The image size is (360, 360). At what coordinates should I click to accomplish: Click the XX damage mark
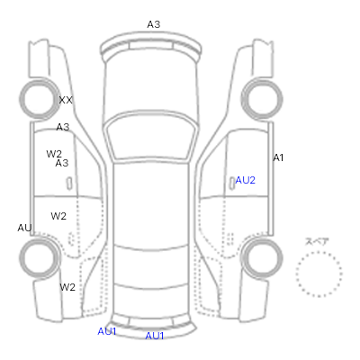(66, 100)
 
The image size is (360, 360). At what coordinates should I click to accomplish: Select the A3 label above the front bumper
(154, 24)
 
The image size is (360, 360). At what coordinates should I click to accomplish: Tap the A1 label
(278, 157)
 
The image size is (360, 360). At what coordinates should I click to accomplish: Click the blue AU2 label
(246, 180)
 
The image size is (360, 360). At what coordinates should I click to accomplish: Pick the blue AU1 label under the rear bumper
(155, 336)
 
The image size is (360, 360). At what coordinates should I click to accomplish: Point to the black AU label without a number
(24, 228)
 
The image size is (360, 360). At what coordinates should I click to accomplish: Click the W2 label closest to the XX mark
(54, 154)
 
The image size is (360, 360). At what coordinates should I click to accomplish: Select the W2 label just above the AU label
(58, 216)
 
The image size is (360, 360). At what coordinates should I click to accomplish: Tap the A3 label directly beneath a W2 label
(62, 163)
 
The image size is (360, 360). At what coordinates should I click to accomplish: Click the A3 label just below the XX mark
(63, 127)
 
